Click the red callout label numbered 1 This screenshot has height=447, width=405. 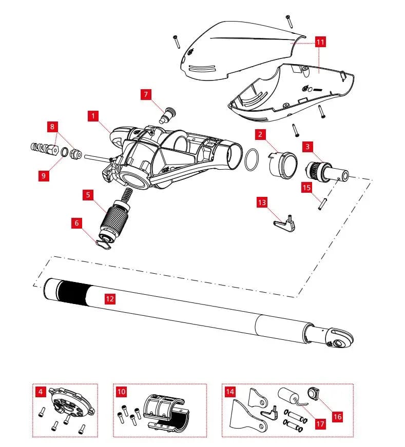pos(93,116)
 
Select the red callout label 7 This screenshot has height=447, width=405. pos(146,94)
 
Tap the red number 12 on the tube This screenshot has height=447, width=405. pos(110,299)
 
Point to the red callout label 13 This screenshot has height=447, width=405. pos(262,202)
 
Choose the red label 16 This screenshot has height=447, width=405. pos(337,417)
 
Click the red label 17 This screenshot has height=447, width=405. pos(320,423)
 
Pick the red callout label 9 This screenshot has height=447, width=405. pos(44,175)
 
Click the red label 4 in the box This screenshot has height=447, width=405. pos(41,392)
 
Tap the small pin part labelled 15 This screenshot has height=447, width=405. pos(322,204)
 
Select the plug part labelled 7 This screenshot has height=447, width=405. pos(168,115)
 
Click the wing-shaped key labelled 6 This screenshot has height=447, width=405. pos(104,244)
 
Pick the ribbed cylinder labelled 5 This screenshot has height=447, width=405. pos(116,217)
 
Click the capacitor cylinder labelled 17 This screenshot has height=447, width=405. pos(289,396)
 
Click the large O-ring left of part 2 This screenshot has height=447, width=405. pos(252,159)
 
